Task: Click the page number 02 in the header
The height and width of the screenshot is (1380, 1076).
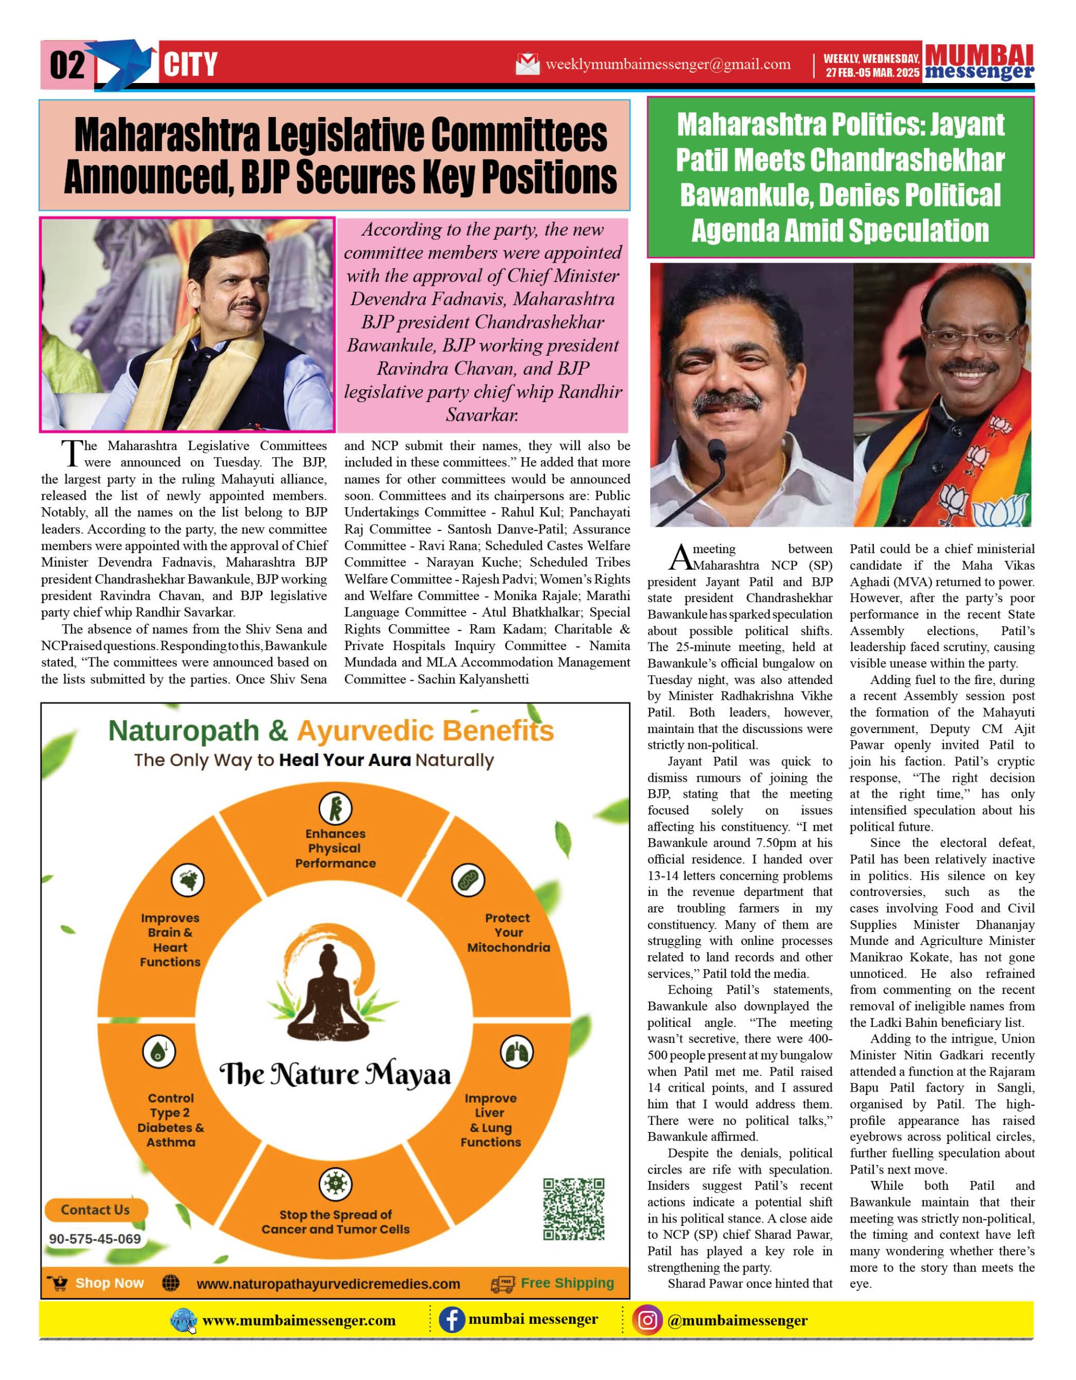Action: click(x=67, y=65)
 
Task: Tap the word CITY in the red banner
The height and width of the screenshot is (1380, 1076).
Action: click(x=190, y=65)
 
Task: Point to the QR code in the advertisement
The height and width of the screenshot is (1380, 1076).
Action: click(x=574, y=1209)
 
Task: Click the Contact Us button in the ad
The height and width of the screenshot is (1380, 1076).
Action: click(x=95, y=1210)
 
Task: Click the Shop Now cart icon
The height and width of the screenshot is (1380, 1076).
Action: click(x=58, y=1284)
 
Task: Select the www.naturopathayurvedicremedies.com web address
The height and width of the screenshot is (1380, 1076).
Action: click(x=328, y=1285)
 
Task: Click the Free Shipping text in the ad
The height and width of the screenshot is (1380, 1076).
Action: click(x=567, y=1284)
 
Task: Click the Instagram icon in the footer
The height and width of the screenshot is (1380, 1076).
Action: click(x=647, y=1320)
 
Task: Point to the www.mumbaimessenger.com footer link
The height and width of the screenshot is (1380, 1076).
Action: click(x=299, y=1321)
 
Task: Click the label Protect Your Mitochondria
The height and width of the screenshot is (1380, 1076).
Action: click(x=508, y=933)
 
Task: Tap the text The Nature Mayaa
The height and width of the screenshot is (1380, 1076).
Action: click(x=335, y=1074)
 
